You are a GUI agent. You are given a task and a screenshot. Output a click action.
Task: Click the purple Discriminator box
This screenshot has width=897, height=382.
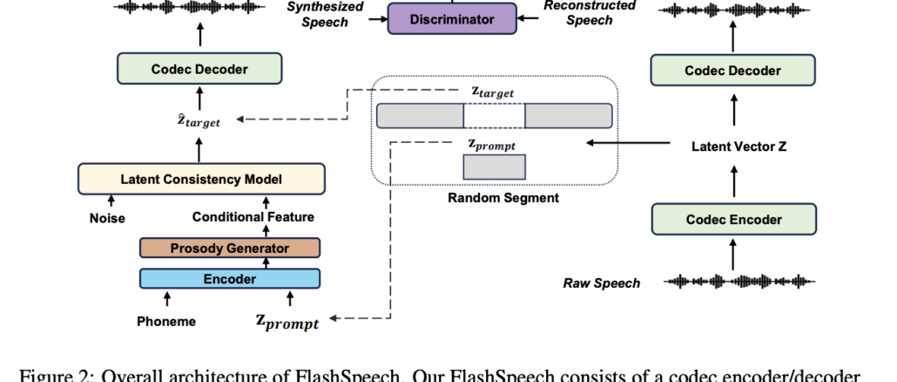coord(452,18)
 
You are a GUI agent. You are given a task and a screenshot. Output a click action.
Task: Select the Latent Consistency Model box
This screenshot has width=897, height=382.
coord(200,179)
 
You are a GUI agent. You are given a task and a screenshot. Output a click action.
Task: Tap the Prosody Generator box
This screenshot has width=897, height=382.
coord(229,249)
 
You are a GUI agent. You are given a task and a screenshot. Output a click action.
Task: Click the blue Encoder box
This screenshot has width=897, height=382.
coord(229,279)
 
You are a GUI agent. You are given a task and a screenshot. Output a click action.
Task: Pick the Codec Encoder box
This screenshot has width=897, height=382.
coord(732,219)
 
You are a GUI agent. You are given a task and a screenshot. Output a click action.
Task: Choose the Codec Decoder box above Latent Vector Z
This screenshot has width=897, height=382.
coord(732,71)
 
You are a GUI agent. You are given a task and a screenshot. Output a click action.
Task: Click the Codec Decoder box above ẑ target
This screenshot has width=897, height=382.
coord(199,69)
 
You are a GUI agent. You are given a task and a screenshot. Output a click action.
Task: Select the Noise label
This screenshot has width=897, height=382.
coord(106,218)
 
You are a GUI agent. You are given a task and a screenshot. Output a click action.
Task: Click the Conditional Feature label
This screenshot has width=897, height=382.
coord(253,217)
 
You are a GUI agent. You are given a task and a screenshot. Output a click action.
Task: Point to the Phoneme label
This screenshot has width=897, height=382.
coord(166,321)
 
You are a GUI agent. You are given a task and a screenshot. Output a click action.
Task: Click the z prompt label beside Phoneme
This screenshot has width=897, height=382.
coord(285,322)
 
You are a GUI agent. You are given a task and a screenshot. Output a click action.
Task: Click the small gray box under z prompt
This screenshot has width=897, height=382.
coord(494,167)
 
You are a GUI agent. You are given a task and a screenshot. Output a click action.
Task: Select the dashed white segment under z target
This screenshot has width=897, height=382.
coord(494,115)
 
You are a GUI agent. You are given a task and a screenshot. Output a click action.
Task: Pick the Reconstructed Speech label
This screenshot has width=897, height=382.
coord(590,12)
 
